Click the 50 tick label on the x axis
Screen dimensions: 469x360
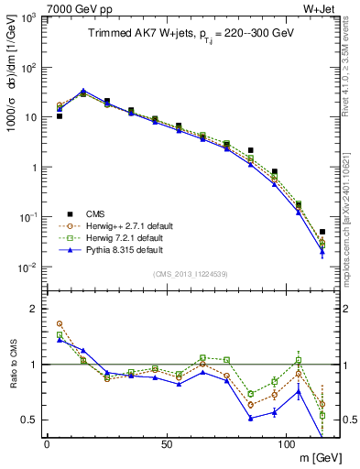167,443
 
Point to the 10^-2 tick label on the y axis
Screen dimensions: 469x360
28,267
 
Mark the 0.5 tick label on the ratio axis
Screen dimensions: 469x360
31,420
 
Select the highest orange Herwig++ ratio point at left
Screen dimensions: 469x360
60,323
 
